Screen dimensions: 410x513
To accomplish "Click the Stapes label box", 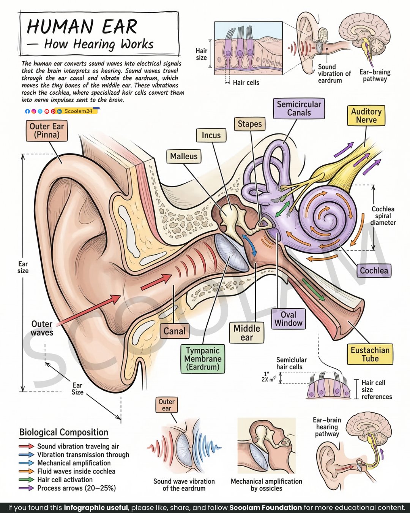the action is click(249, 124).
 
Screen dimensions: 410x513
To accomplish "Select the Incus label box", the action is click(211, 135).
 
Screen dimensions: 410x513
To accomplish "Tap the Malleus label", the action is click(184, 157).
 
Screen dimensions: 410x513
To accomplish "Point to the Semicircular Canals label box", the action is click(299, 108).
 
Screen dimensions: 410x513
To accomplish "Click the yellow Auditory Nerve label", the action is click(366, 116).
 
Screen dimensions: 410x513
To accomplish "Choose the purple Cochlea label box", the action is click(374, 271).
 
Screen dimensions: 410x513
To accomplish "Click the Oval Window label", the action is click(288, 319).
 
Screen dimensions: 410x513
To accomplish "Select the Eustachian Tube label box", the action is click(370, 354).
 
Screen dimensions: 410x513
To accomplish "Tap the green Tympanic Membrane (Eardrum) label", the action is click(203, 359).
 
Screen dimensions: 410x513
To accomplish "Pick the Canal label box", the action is click(174, 331).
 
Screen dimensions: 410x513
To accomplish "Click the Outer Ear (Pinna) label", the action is click(47, 131).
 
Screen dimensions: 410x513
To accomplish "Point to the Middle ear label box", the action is click(247, 333).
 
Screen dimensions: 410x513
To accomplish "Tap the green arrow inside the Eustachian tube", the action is click(313, 290).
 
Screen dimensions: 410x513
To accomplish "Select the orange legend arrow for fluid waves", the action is click(27, 471).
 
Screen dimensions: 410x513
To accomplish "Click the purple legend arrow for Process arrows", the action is click(27, 488).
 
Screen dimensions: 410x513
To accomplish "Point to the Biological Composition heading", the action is click(64, 432).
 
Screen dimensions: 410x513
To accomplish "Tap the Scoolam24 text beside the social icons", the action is click(78, 111).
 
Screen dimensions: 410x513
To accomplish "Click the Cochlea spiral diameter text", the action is click(383, 216).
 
